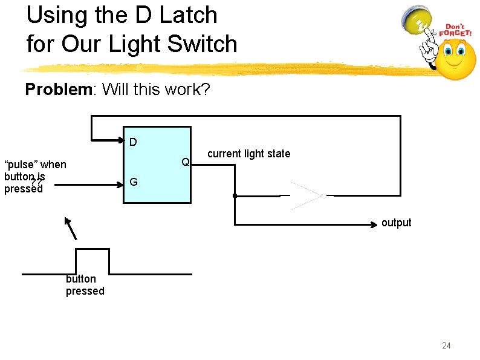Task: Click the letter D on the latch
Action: click(x=133, y=143)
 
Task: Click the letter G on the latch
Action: click(x=133, y=182)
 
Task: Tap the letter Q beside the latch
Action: click(x=186, y=162)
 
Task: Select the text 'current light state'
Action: click(x=248, y=154)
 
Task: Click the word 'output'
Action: click(x=396, y=223)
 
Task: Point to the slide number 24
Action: click(x=446, y=345)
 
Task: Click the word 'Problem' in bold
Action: click(x=57, y=90)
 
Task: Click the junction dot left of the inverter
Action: click(x=235, y=196)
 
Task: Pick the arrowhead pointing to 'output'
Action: click(x=375, y=224)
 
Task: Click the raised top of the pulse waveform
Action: click(x=92, y=249)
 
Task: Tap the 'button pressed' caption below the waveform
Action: click(x=85, y=285)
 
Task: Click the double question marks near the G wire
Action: click(x=36, y=183)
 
